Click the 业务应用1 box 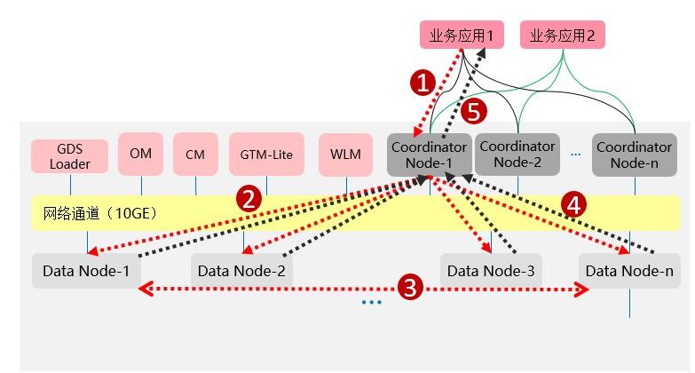pos(461,36)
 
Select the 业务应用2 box pos(562,36)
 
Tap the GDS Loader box pos(69,155)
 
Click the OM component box pos(140,154)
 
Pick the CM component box pos(195,155)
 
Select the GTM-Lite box pos(266,155)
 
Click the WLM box pos(345,155)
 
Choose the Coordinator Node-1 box pos(430,154)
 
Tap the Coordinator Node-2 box pos(517,154)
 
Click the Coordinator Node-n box pos(634,154)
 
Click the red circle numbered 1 pos(425,83)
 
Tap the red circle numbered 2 pos(250,199)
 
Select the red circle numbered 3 pos(408,287)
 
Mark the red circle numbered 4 pos(573,204)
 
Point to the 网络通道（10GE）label pos(88,213)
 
